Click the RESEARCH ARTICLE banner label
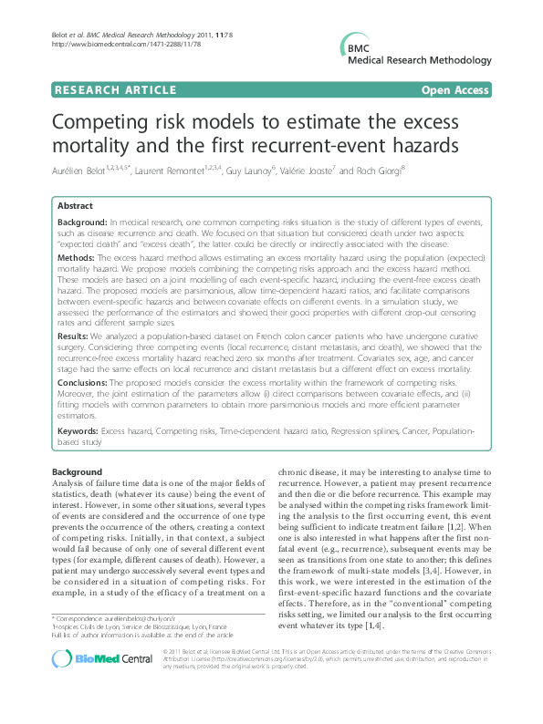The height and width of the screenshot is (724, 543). click(x=116, y=89)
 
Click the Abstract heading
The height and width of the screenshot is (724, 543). click(x=76, y=207)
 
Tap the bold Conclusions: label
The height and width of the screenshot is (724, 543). click(x=85, y=384)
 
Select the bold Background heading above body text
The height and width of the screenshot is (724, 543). click(x=77, y=471)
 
